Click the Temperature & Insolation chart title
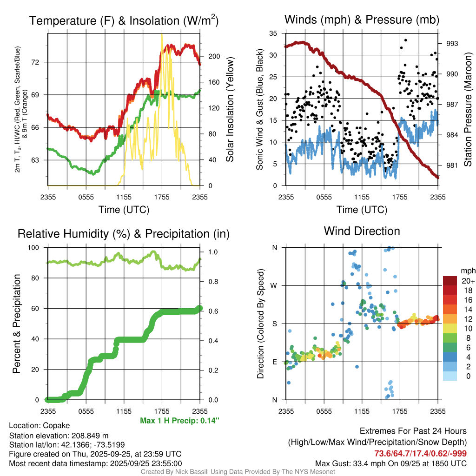coord(124,20)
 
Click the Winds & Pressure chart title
coord(362,20)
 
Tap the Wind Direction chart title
coord(362,231)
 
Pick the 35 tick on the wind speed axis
coord(274,33)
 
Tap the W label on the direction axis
coord(274,285)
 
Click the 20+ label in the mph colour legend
coord(468,281)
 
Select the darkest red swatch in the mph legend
coord(450,281)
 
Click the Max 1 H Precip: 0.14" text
coord(179,421)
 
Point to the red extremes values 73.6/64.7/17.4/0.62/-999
coord(421,453)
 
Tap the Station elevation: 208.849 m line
coord(59,436)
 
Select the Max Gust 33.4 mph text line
coord(391,463)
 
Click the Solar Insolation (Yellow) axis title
coord(230,109)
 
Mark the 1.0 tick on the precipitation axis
coord(212,252)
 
